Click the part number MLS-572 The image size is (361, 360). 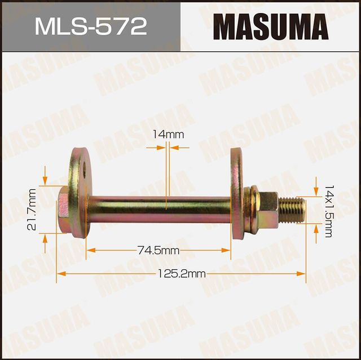click(x=90, y=26)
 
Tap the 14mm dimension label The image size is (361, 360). click(x=168, y=135)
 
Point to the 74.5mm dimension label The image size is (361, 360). click(x=160, y=250)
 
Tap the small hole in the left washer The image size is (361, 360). click(x=82, y=167)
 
